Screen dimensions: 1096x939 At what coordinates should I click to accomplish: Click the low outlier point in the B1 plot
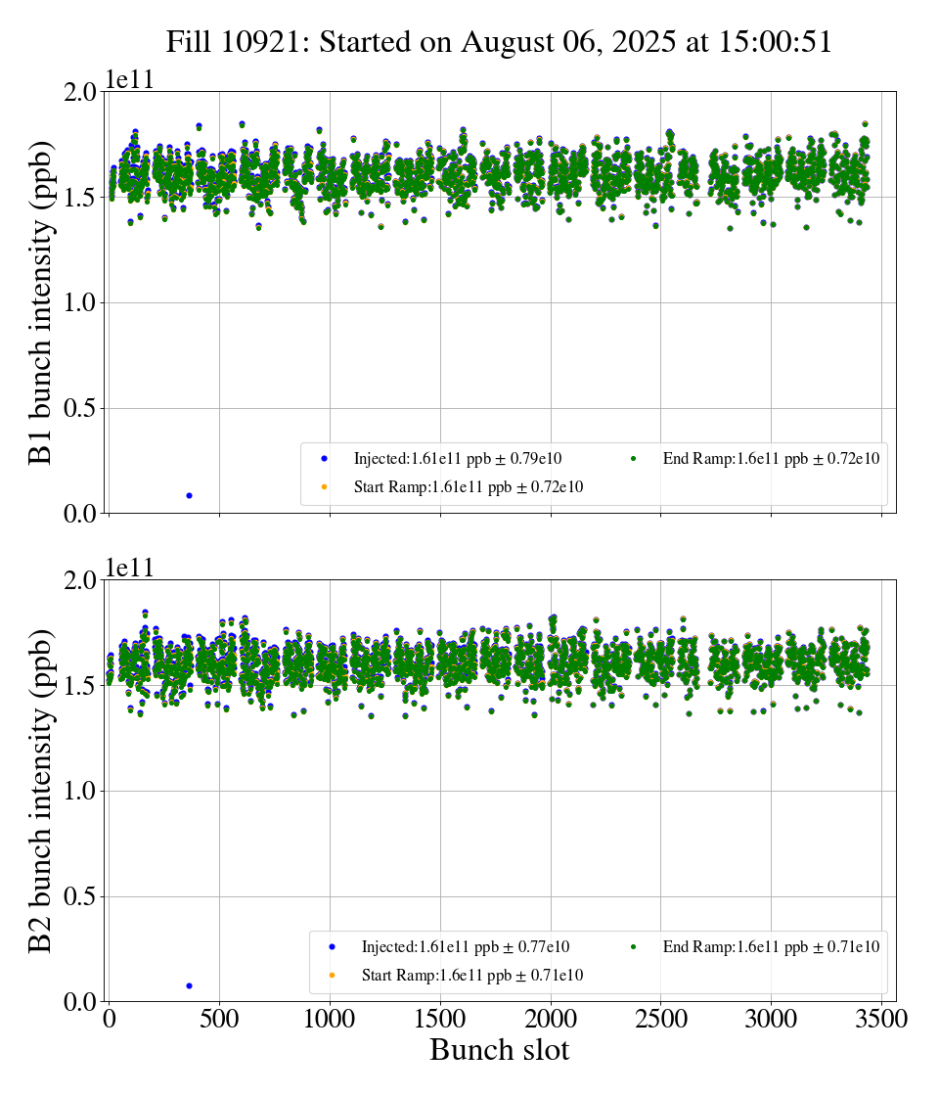point(189,495)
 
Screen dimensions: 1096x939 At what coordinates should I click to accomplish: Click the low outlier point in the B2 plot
point(189,985)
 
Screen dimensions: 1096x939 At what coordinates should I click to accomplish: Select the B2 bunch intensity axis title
point(41,791)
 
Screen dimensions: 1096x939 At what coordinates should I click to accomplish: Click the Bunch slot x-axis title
point(499,1051)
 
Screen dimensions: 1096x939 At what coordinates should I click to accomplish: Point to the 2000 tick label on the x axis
point(551,1019)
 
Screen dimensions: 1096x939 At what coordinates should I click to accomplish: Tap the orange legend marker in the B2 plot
point(332,975)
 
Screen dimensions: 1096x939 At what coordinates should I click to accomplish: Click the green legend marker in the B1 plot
point(633,458)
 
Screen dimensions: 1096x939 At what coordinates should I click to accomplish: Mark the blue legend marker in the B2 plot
point(332,946)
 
